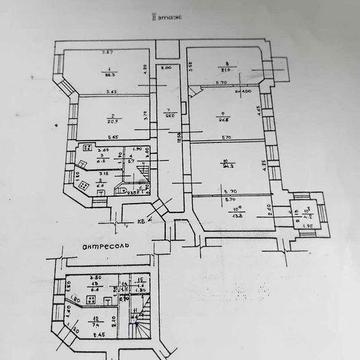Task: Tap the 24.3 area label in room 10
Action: coord(226,166)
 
